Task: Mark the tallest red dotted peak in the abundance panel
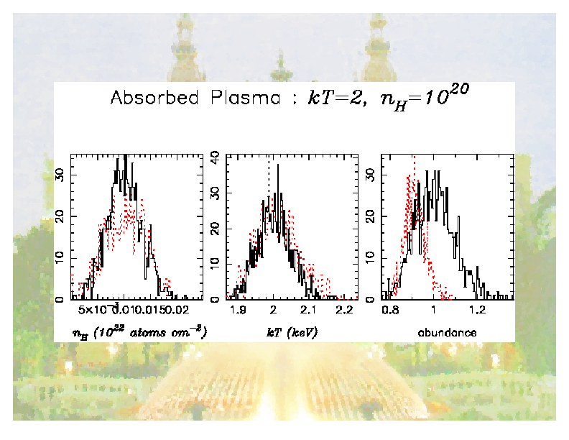[x=415, y=160]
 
